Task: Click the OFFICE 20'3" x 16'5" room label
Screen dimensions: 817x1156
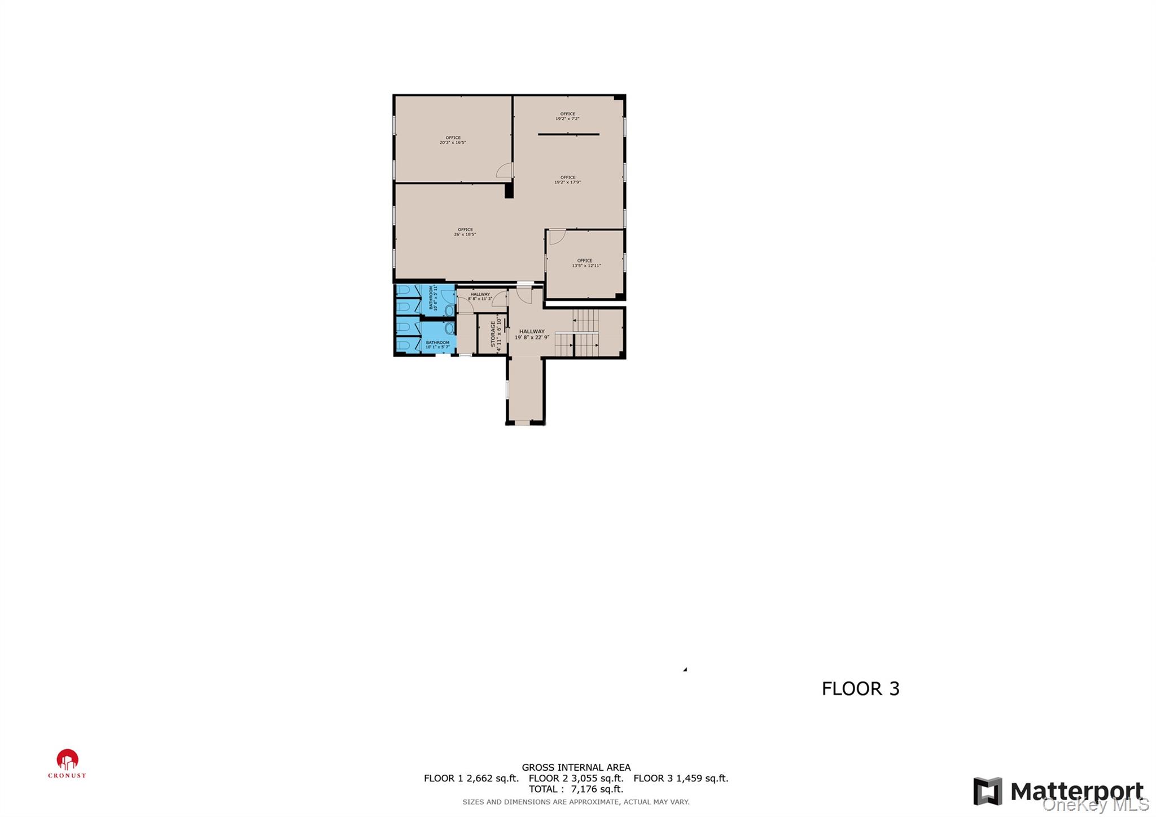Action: (453, 140)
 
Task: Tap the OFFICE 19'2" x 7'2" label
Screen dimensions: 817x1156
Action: (567, 116)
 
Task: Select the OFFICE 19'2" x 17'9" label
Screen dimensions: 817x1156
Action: (567, 180)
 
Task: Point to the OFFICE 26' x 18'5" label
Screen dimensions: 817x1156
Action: (465, 232)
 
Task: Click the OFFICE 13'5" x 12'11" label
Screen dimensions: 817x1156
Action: (586, 263)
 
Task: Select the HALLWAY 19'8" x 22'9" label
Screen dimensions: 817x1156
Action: (532, 334)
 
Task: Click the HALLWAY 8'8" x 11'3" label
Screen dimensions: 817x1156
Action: (480, 296)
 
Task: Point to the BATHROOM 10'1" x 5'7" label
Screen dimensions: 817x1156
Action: (437, 344)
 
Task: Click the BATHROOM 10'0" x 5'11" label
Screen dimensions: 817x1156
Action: (433, 298)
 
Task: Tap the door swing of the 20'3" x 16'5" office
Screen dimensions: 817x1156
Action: (505, 170)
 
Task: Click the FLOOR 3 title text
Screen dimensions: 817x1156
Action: (860, 688)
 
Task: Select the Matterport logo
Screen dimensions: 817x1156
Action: (1058, 792)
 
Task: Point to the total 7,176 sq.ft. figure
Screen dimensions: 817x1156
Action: (576, 789)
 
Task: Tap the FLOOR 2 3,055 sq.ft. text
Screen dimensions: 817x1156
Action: (576, 778)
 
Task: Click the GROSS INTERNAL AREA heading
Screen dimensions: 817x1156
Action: (576, 767)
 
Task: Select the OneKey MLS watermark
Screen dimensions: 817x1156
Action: (1095, 805)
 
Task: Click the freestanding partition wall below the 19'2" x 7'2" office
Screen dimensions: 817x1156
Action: (568, 134)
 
